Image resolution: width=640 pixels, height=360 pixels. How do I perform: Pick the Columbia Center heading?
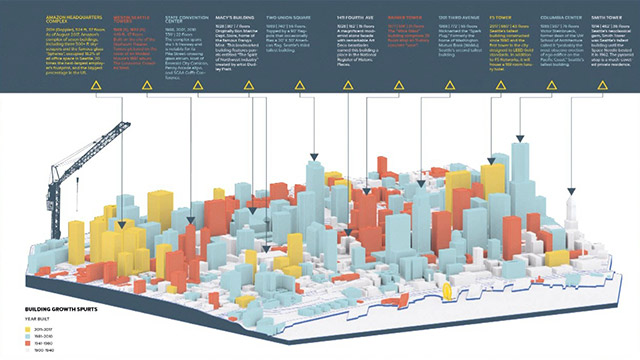tap(555, 17)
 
